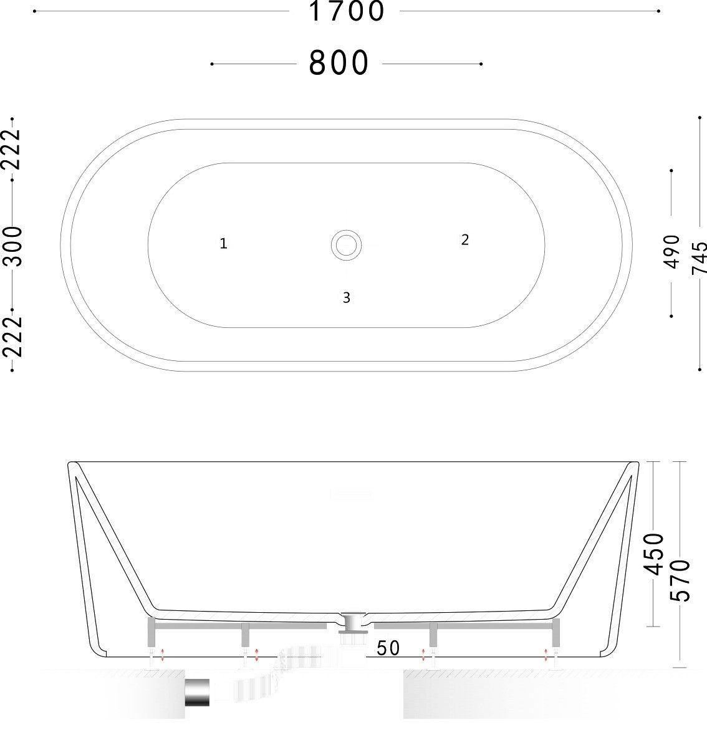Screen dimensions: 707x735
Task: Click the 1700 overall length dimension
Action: pos(347,11)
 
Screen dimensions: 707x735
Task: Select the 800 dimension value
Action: pos(339,64)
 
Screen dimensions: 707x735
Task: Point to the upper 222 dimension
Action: pos(12,148)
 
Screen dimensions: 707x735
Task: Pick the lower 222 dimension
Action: pos(12,337)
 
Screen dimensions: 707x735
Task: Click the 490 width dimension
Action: pos(672,252)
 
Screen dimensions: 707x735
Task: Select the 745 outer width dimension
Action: pos(699,257)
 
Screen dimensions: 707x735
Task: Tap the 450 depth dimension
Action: pos(654,554)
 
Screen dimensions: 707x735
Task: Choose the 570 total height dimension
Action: pos(680,580)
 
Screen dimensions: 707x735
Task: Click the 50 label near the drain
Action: pos(388,648)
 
